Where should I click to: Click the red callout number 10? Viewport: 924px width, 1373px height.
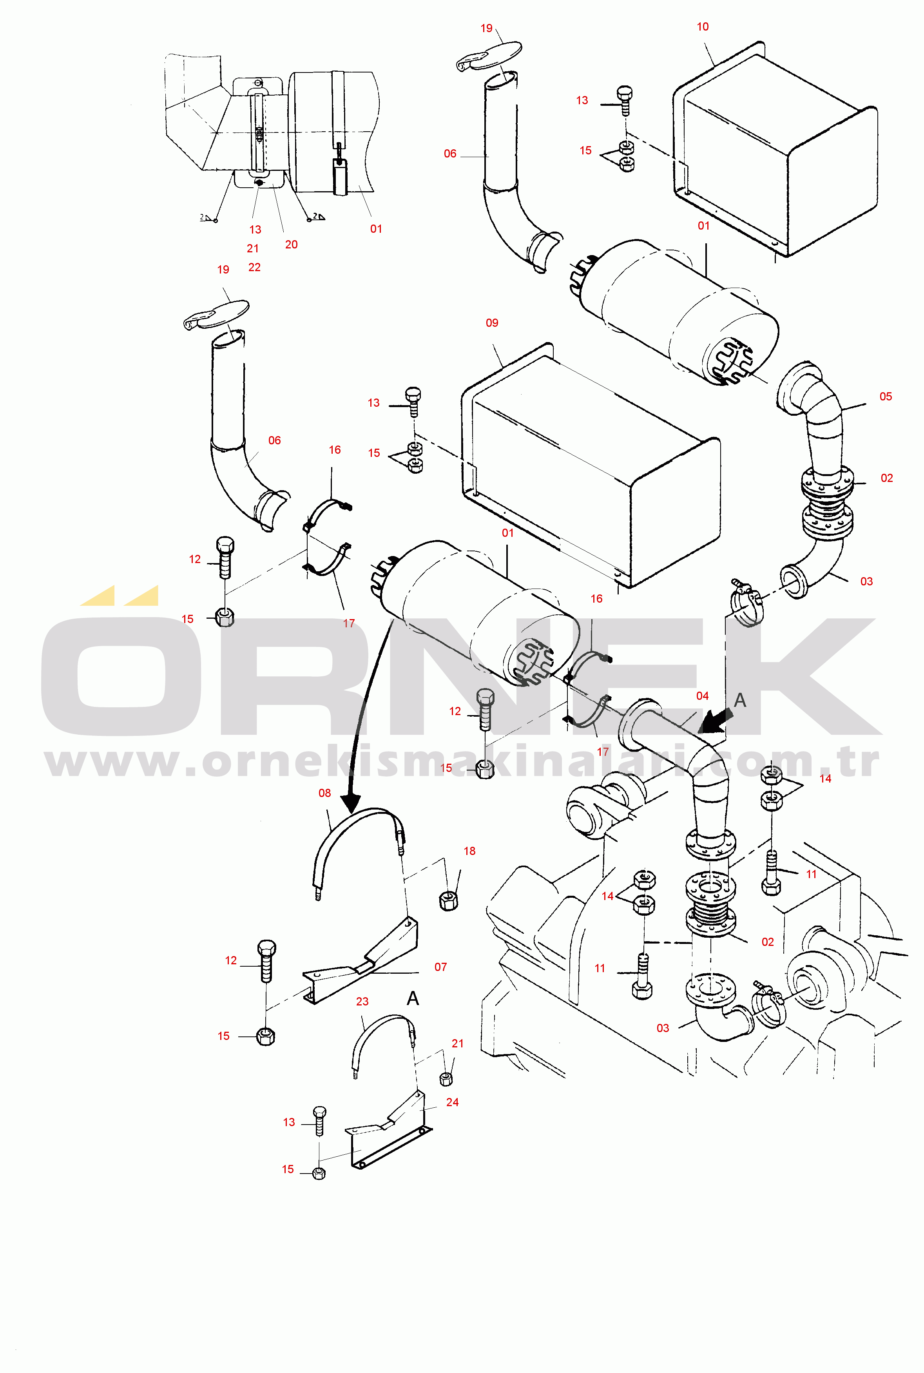coord(703,27)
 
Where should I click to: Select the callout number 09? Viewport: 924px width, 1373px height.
coord(492,323)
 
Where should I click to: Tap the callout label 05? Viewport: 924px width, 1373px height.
coord(886,397)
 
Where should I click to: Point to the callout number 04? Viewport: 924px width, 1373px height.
coord(703,696)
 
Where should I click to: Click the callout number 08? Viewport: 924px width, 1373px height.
coord(325,793)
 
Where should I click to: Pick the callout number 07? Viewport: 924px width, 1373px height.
coord(441,967)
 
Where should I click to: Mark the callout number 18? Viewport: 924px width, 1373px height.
coord(470,851)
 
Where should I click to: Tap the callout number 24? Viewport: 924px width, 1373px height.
coord(453,1102)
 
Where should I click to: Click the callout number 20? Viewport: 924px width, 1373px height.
coord(291,245)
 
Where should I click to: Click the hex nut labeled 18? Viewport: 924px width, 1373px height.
coord(449,901)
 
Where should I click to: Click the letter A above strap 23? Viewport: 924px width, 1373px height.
coord(413,998)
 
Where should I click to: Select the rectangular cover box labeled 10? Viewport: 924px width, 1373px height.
coord(775,150)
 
